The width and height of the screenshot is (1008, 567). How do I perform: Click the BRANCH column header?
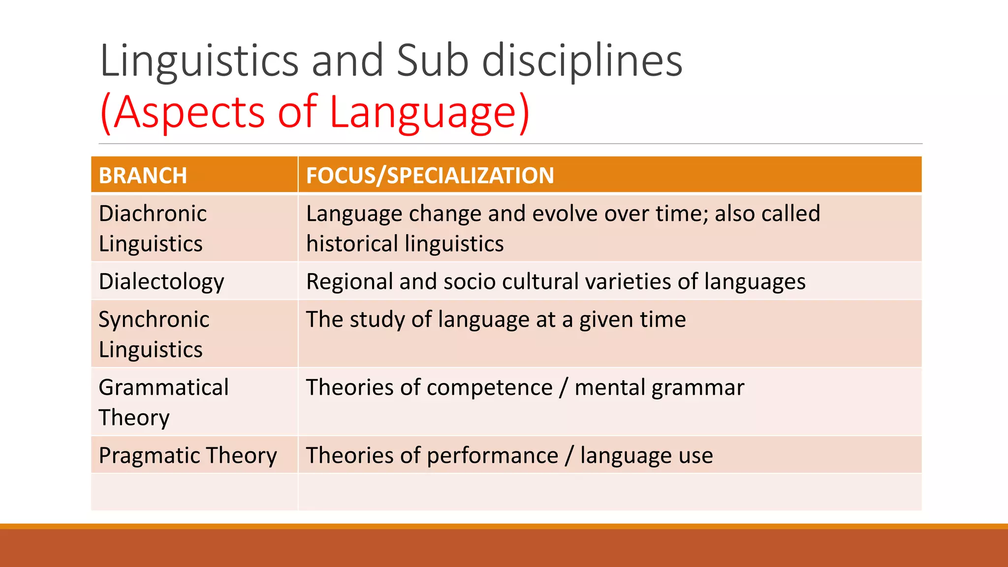coord(143,176)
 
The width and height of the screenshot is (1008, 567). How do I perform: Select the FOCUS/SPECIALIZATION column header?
coord(430,176)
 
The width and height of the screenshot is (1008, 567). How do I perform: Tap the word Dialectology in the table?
coord(161,282)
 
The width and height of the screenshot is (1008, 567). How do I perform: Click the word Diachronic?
coord(153,214)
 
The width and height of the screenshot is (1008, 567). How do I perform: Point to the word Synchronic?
coord(154,319)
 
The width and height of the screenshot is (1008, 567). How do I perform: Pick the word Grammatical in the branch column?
coord(163,387)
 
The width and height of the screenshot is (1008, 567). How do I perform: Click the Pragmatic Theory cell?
coord(188,455)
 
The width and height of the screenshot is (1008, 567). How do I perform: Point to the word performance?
coord(492,456)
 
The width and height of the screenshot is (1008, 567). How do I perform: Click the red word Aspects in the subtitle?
coord(190,112)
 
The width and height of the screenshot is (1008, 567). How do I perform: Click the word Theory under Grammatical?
coord(134,418)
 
